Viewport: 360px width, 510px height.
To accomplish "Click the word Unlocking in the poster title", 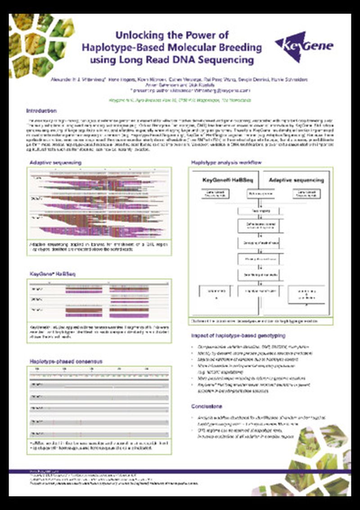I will click(x=135, y=35).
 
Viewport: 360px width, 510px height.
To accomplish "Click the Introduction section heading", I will click(x=41, y=111).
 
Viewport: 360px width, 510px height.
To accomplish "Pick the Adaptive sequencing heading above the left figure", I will click(x=49, y=162).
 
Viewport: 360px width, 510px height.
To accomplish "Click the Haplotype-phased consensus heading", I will click(x=60, y=361).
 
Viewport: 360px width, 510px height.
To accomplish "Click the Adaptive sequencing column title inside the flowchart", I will click(x=296, y=180).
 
